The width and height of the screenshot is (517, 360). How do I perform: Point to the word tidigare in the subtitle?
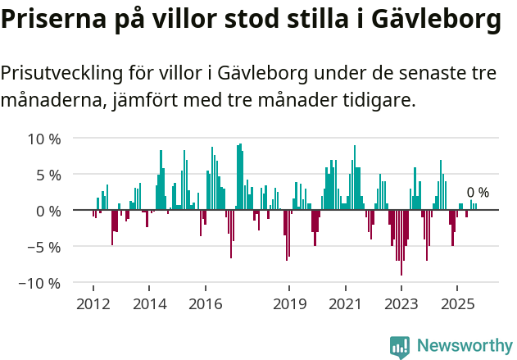(x=380, y=101)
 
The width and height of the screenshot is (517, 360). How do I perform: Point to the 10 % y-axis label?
(x=43, y=139)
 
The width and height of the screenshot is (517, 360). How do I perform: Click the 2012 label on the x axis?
(x=93, y=304)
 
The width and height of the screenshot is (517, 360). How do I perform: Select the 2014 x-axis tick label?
(x=148, y=304)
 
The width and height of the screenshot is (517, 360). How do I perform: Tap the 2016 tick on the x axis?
(x=205, y=304)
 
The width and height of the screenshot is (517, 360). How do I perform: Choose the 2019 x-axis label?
(x=288, y=304)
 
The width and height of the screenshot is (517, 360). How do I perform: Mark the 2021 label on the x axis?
(x=345, y=304)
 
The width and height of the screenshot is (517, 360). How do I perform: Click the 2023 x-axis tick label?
(x=401, y=304)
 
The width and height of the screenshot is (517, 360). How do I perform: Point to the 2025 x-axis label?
(x=457, y=304)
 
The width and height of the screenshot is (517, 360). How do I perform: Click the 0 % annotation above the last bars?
(x=478, y=193)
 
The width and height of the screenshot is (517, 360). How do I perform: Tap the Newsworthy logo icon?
(x=400, y=347)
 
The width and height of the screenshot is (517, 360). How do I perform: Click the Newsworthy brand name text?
(x=465, y=347)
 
